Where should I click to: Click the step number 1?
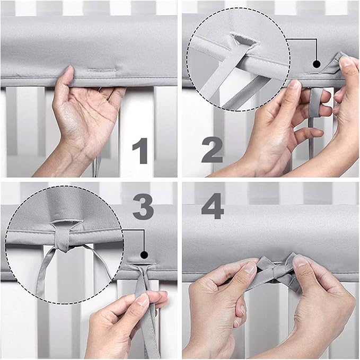tap(141, 151)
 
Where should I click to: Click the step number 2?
tap(213, 151)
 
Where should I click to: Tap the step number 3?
tap(143, 207)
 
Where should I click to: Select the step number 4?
tap(213, 206)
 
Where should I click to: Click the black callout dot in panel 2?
tap(317, 64)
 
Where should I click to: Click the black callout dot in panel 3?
tap(144, 254)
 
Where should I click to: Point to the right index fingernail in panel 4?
tap(300, 261)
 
